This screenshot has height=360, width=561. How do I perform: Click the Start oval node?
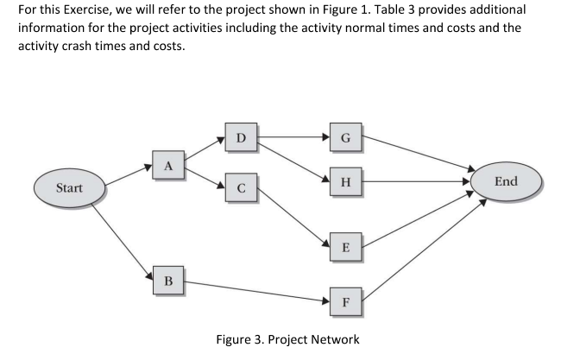tap(69, 187)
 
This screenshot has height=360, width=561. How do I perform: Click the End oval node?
tap(506, 181)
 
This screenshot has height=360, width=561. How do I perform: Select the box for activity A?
tap(168, 164)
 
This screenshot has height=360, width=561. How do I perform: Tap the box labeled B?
tap(168, 281)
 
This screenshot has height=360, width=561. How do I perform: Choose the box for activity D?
tap(241, 137)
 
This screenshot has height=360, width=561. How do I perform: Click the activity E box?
tap(345, 248)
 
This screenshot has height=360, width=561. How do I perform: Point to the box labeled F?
tap(345, 303)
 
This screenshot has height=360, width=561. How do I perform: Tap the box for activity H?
tap(345, 182)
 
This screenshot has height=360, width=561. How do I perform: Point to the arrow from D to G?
tap(293, 136)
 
